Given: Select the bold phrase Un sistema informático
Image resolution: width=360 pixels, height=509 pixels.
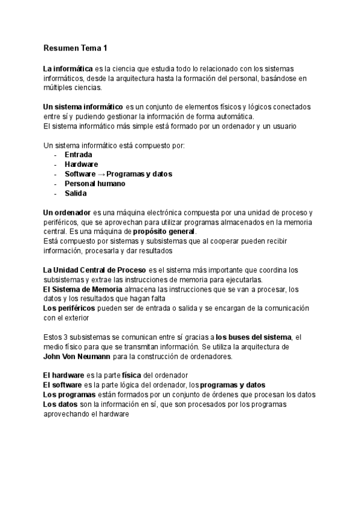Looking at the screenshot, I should pyautogui.click(x=83, y=107).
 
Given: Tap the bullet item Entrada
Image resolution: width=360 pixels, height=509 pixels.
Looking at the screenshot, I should pyautogui.click(x=78, y=155).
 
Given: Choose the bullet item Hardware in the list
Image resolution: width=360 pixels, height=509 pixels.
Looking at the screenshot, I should pyautogui.click(x=81, y=164).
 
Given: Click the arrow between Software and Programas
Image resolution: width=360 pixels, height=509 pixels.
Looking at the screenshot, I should pyautogui.click(x=101, y=174).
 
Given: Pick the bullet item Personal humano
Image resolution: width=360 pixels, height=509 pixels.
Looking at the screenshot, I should pyautogui.click(x=95, y=184).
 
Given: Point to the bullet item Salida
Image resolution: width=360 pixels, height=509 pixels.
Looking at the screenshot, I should pyautogui.click(x=76, y=193).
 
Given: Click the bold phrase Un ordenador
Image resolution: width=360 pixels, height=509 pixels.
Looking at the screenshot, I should pyautogui.click(x=66, y=213).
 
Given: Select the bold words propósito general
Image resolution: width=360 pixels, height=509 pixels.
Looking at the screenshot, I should pyautogui.click(x=164, y=232).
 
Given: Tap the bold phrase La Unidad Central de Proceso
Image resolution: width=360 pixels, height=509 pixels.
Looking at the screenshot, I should pyautogui.click(x=94, y=270).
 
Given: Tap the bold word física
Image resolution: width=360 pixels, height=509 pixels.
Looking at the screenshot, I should pyautogui.click(x=131, y=376).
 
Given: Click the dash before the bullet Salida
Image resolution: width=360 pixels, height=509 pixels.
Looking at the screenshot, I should pyautogui.click(x=55, y=193).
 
